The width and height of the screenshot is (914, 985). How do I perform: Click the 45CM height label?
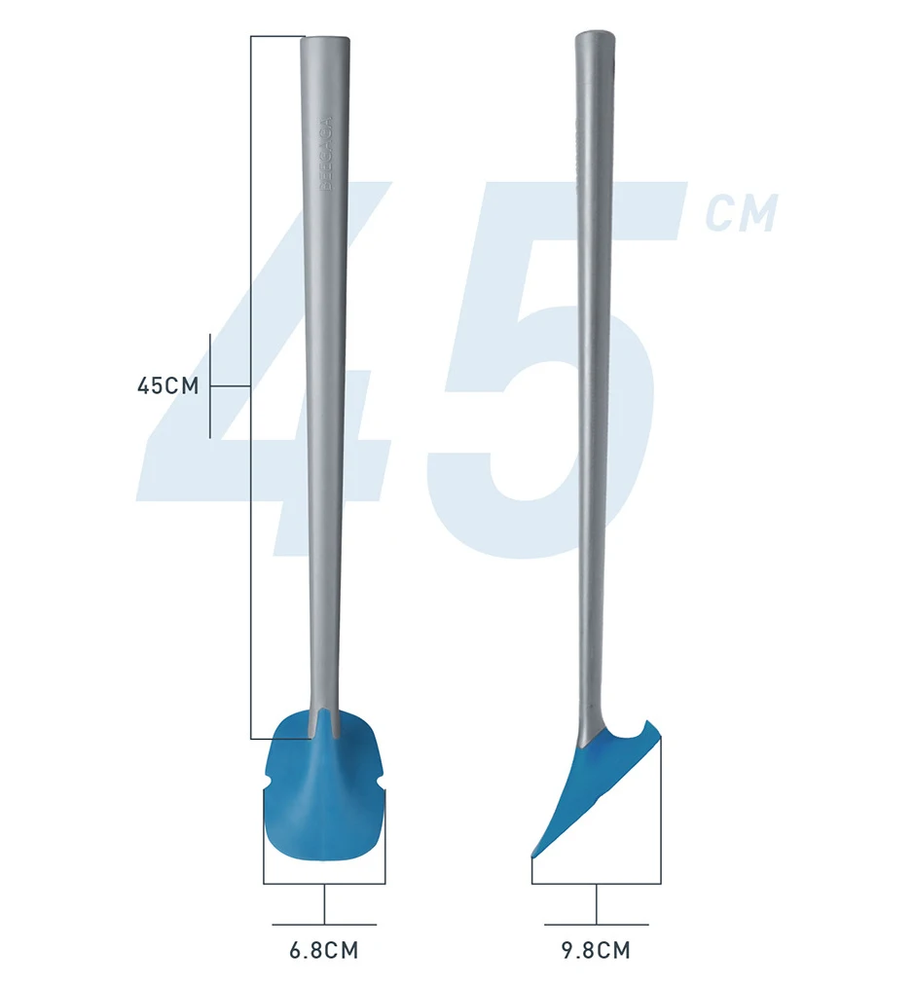[x=167, y=385]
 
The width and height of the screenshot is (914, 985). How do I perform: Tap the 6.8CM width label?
[x=324, y=950]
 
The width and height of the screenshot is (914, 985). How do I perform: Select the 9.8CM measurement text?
[x=596, y=950]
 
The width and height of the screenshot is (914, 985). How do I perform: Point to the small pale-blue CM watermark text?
[x=742, y=214]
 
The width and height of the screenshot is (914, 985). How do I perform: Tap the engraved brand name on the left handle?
[x=326, y=156]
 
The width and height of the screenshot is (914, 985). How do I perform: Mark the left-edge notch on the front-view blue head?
[x=268, y=784]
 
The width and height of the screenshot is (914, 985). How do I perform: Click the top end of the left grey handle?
[x=325, y=41]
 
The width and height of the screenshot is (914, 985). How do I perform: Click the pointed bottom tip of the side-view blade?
[x=532, y=856]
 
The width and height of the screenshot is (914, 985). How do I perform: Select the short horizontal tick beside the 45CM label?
[x=231, y=386]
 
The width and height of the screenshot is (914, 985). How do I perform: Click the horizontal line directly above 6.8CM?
[x=324, y=924]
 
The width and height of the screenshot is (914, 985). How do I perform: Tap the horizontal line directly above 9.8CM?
[x=596, y=924]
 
